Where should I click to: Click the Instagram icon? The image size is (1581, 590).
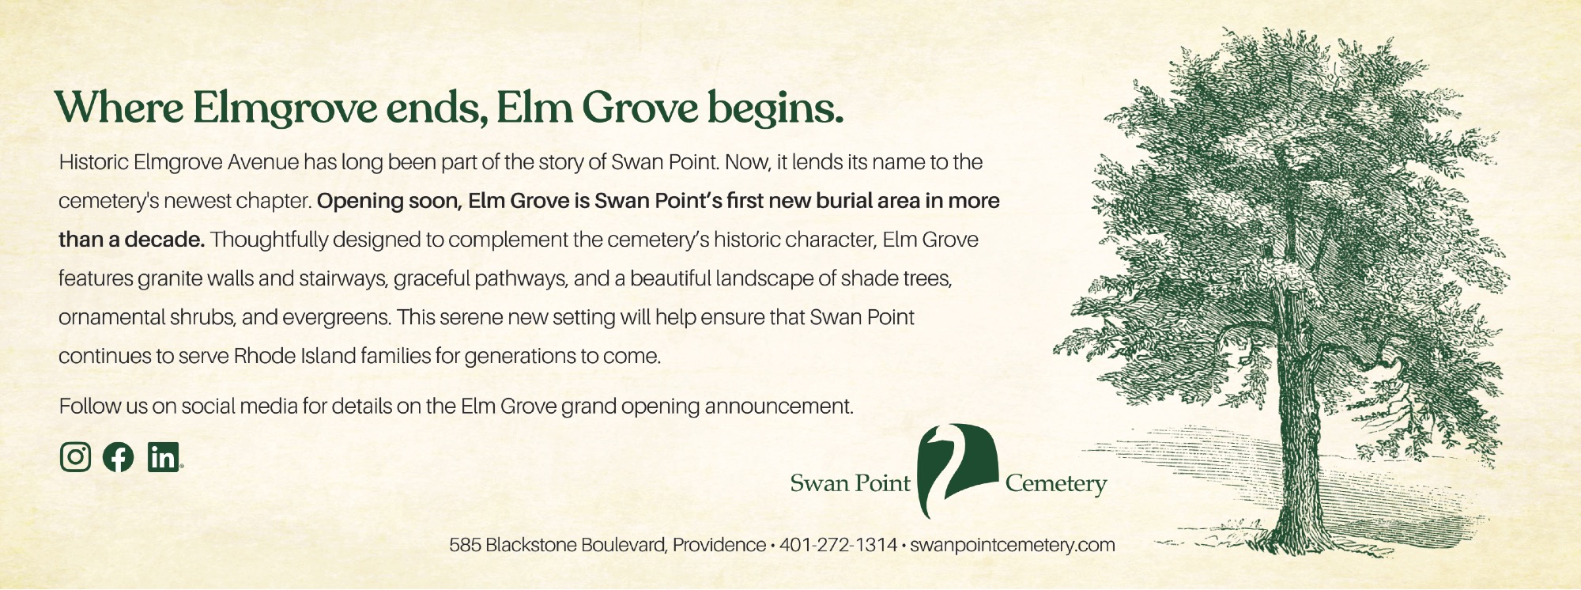point(75,456)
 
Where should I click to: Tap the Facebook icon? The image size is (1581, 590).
point(119,456)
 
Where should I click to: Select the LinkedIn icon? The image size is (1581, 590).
point(164,456)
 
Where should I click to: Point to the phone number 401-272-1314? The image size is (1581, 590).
point(838,545)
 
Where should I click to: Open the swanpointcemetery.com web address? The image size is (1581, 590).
point(1013,546)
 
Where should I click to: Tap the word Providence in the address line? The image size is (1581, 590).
point(719,545)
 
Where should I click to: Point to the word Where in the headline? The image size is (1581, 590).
point(119,108)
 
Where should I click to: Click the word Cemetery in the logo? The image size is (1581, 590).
point(1055,483)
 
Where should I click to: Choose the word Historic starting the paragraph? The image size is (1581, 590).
point(93,162)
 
